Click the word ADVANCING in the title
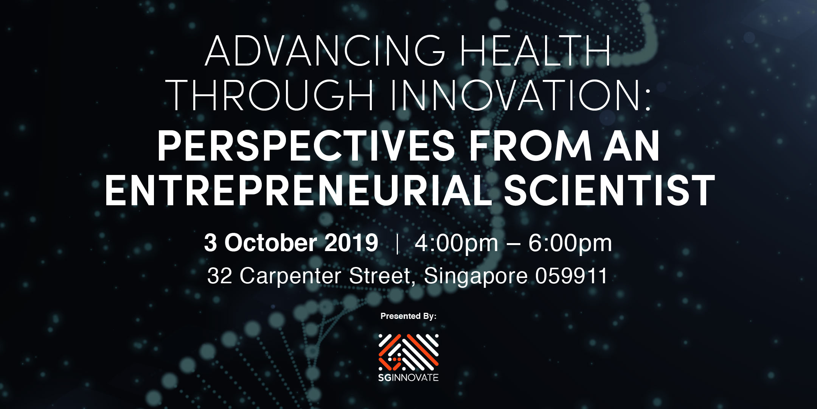(325, 51)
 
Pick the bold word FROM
(530, 146)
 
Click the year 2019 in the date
(351, 243)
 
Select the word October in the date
(270, 243)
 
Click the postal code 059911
(571, 276)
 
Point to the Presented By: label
(408, 316)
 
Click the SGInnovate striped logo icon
(408, 352)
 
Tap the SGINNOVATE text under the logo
(408, 378)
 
